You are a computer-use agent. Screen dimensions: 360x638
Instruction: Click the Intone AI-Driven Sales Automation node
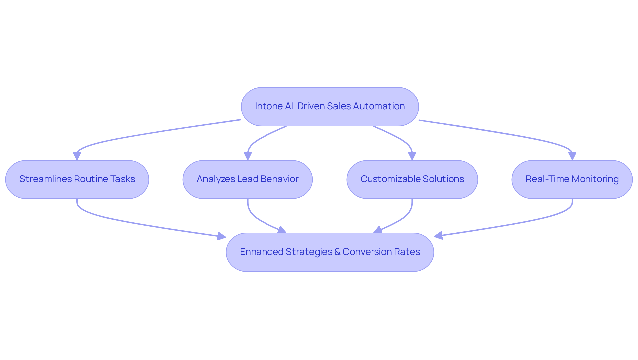pos(330,107)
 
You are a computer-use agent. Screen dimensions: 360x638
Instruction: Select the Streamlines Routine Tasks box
pos(77,180)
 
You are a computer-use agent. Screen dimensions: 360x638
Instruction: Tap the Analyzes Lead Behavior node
pos(248,180)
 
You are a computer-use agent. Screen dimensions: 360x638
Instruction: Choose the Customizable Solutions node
pos(412,180)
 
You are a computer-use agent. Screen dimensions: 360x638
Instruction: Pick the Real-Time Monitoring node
pos(572,180)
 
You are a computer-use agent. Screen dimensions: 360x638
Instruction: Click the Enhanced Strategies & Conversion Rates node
pos(330,252)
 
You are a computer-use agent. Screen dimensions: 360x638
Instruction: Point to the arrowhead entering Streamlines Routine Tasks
pos(77,156)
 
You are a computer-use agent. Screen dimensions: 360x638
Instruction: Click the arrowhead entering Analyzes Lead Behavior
pos(248,156)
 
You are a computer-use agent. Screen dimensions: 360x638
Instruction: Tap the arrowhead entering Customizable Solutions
pos(412,156)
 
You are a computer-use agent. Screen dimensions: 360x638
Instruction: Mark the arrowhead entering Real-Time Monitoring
pos(572,156)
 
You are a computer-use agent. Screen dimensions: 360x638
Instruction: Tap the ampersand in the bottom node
pos(337,252)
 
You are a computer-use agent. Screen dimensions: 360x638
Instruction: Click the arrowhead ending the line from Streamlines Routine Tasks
pos(222,236)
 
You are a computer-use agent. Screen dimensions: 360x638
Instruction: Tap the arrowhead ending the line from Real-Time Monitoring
pos(438,236)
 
